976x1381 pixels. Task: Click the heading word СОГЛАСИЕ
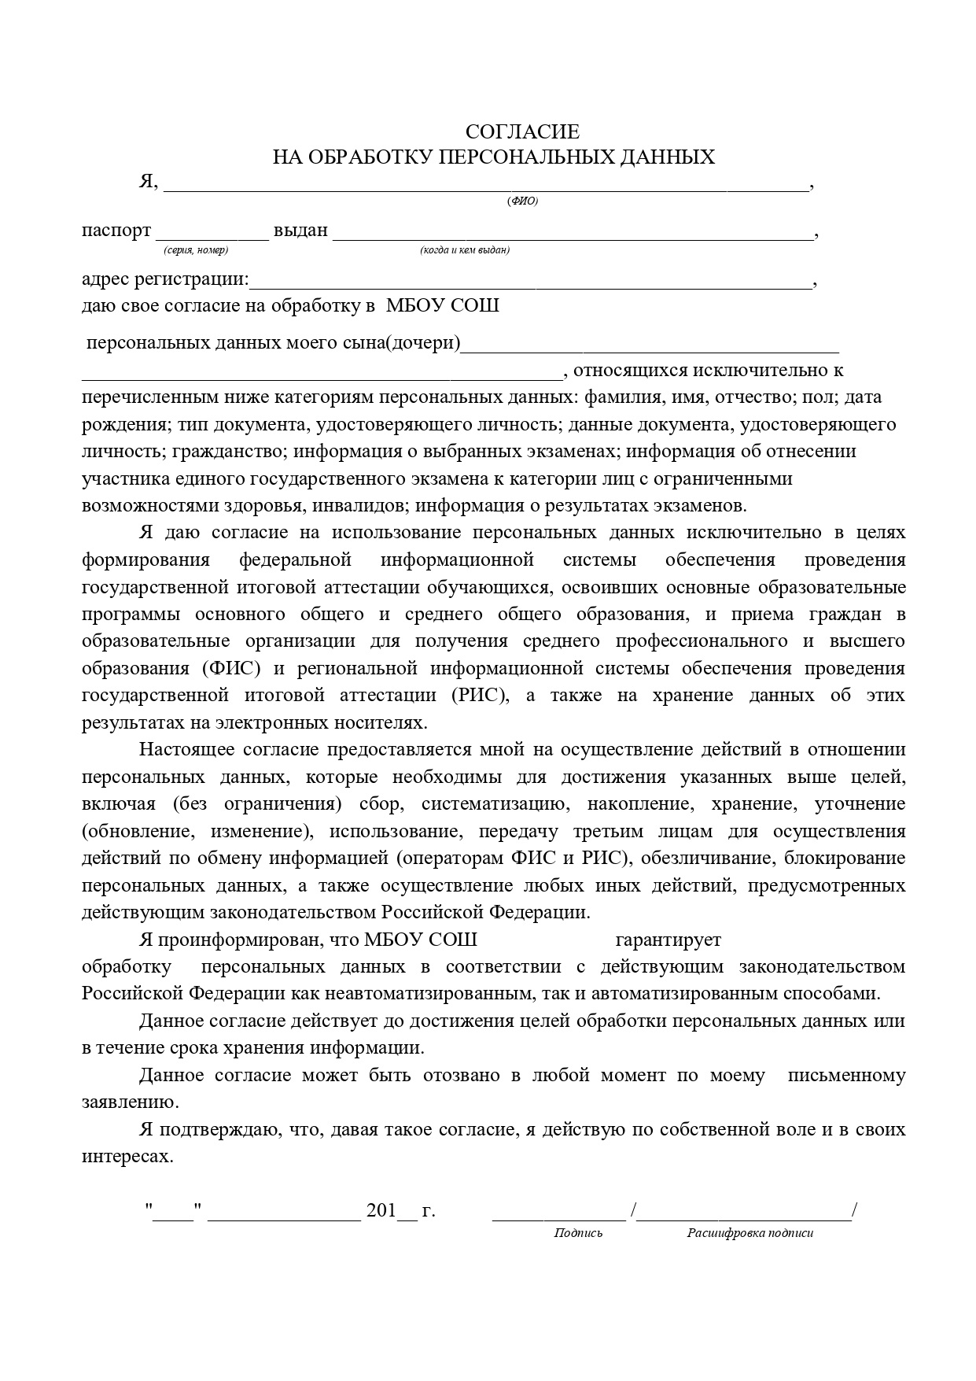[522, 131]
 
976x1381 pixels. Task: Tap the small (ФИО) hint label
[523, 201]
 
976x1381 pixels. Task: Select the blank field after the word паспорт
[212, 234]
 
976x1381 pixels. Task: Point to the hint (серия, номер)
[196, 250]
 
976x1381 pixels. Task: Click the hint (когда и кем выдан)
[465, 250]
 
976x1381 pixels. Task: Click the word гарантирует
[668, 940]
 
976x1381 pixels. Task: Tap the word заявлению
[131, 1102]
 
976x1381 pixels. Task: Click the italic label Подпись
[578, 1233]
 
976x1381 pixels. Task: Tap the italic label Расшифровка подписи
[749, 1233]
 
